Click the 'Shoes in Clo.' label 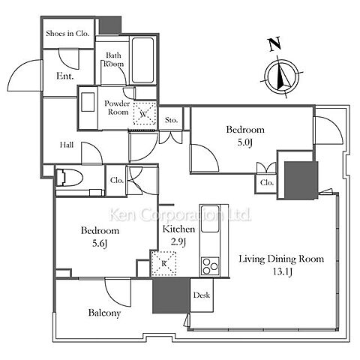coord(67,34)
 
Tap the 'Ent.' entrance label coord(65,76)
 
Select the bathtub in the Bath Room coord(142,60)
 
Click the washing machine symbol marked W coord(145,113)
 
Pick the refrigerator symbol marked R coord(163,263)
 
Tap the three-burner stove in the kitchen coord(210,266)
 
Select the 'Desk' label coord(202,295)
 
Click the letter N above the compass coord(275,44)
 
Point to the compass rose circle coord(282,74)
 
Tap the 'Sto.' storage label coord(171,120)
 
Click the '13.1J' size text coord(282,272)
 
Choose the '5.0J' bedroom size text coord(245,142)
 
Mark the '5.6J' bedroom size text coord(100,244)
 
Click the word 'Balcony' coord(104,313)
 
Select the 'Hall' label coord(67,145)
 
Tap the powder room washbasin coord(88,102)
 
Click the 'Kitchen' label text coord(178,229)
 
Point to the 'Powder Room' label coord(118,108)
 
